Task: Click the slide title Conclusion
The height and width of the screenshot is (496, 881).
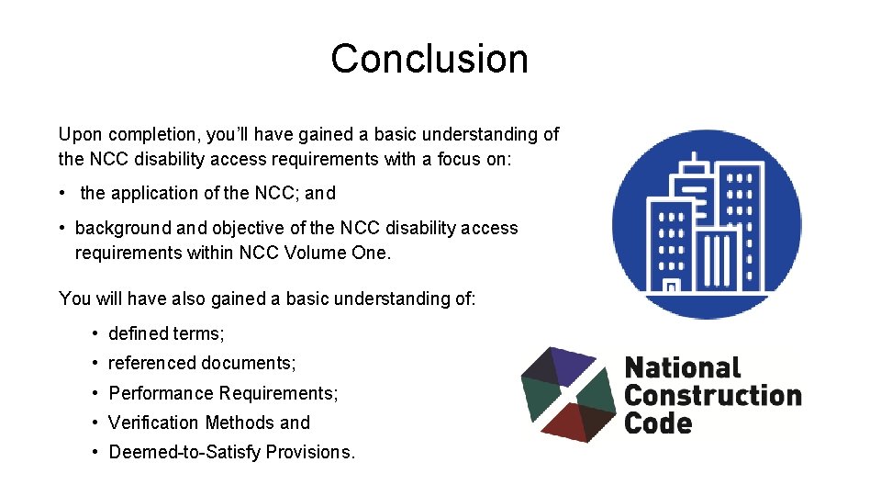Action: click(429, 59)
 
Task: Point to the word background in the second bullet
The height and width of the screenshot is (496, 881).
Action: click(117, 229)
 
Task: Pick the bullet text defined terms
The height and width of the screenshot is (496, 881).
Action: click(166, 334)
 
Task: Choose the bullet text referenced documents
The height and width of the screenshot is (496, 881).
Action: click(202, 364)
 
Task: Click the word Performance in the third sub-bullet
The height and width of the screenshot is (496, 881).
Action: click(161, 393)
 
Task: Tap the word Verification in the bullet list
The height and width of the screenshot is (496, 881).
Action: click(154, 423)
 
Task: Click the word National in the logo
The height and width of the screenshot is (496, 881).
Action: click(682, 368)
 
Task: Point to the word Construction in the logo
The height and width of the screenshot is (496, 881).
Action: click(712, 396)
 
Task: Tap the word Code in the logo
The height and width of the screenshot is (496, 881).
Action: click(657, 423)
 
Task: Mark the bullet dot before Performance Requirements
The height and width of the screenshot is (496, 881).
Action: click(95, 393)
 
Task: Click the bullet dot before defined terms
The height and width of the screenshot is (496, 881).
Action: click(95, 334)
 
